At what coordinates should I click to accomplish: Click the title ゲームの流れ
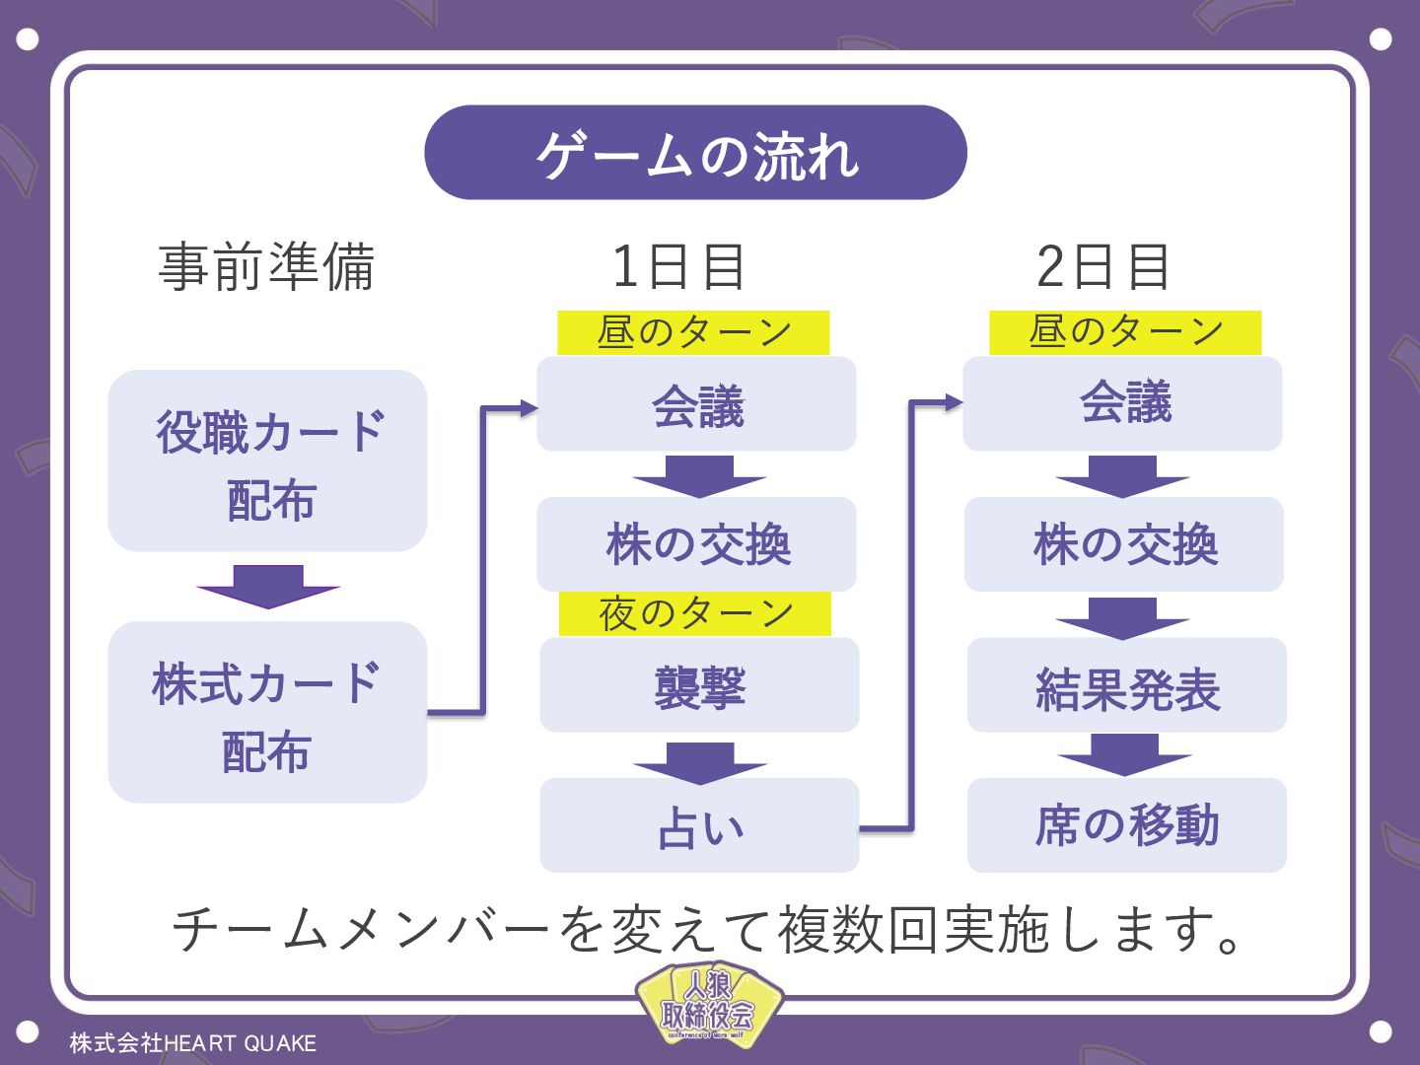coord(695,154)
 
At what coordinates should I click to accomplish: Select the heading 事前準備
coord(266,266)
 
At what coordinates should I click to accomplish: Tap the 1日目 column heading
coord(678,266)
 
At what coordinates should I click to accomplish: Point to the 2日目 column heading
coord(1103,266)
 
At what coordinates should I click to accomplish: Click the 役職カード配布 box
coord(267,461)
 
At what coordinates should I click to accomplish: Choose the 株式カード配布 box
coord(267,712)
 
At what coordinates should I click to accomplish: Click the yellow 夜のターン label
coord(695,613)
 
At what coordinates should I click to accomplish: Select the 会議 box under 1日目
coord(696,404)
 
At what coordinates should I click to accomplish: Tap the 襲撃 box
coord(699,685)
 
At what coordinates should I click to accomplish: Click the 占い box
coord(699,825)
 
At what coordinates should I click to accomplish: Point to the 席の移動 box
coord(1126,825)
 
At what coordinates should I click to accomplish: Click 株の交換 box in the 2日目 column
coord(1124,544)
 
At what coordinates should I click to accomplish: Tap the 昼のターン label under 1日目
coord(693,332)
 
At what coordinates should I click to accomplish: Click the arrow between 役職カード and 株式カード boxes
coord(267,587)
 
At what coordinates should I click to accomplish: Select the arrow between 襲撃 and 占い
coord(699,762)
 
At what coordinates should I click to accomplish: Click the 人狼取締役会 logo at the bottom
coord(708,1006)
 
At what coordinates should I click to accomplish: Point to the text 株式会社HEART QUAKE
coord(193,1043)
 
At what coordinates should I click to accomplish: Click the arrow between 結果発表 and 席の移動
coord(1124,754)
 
